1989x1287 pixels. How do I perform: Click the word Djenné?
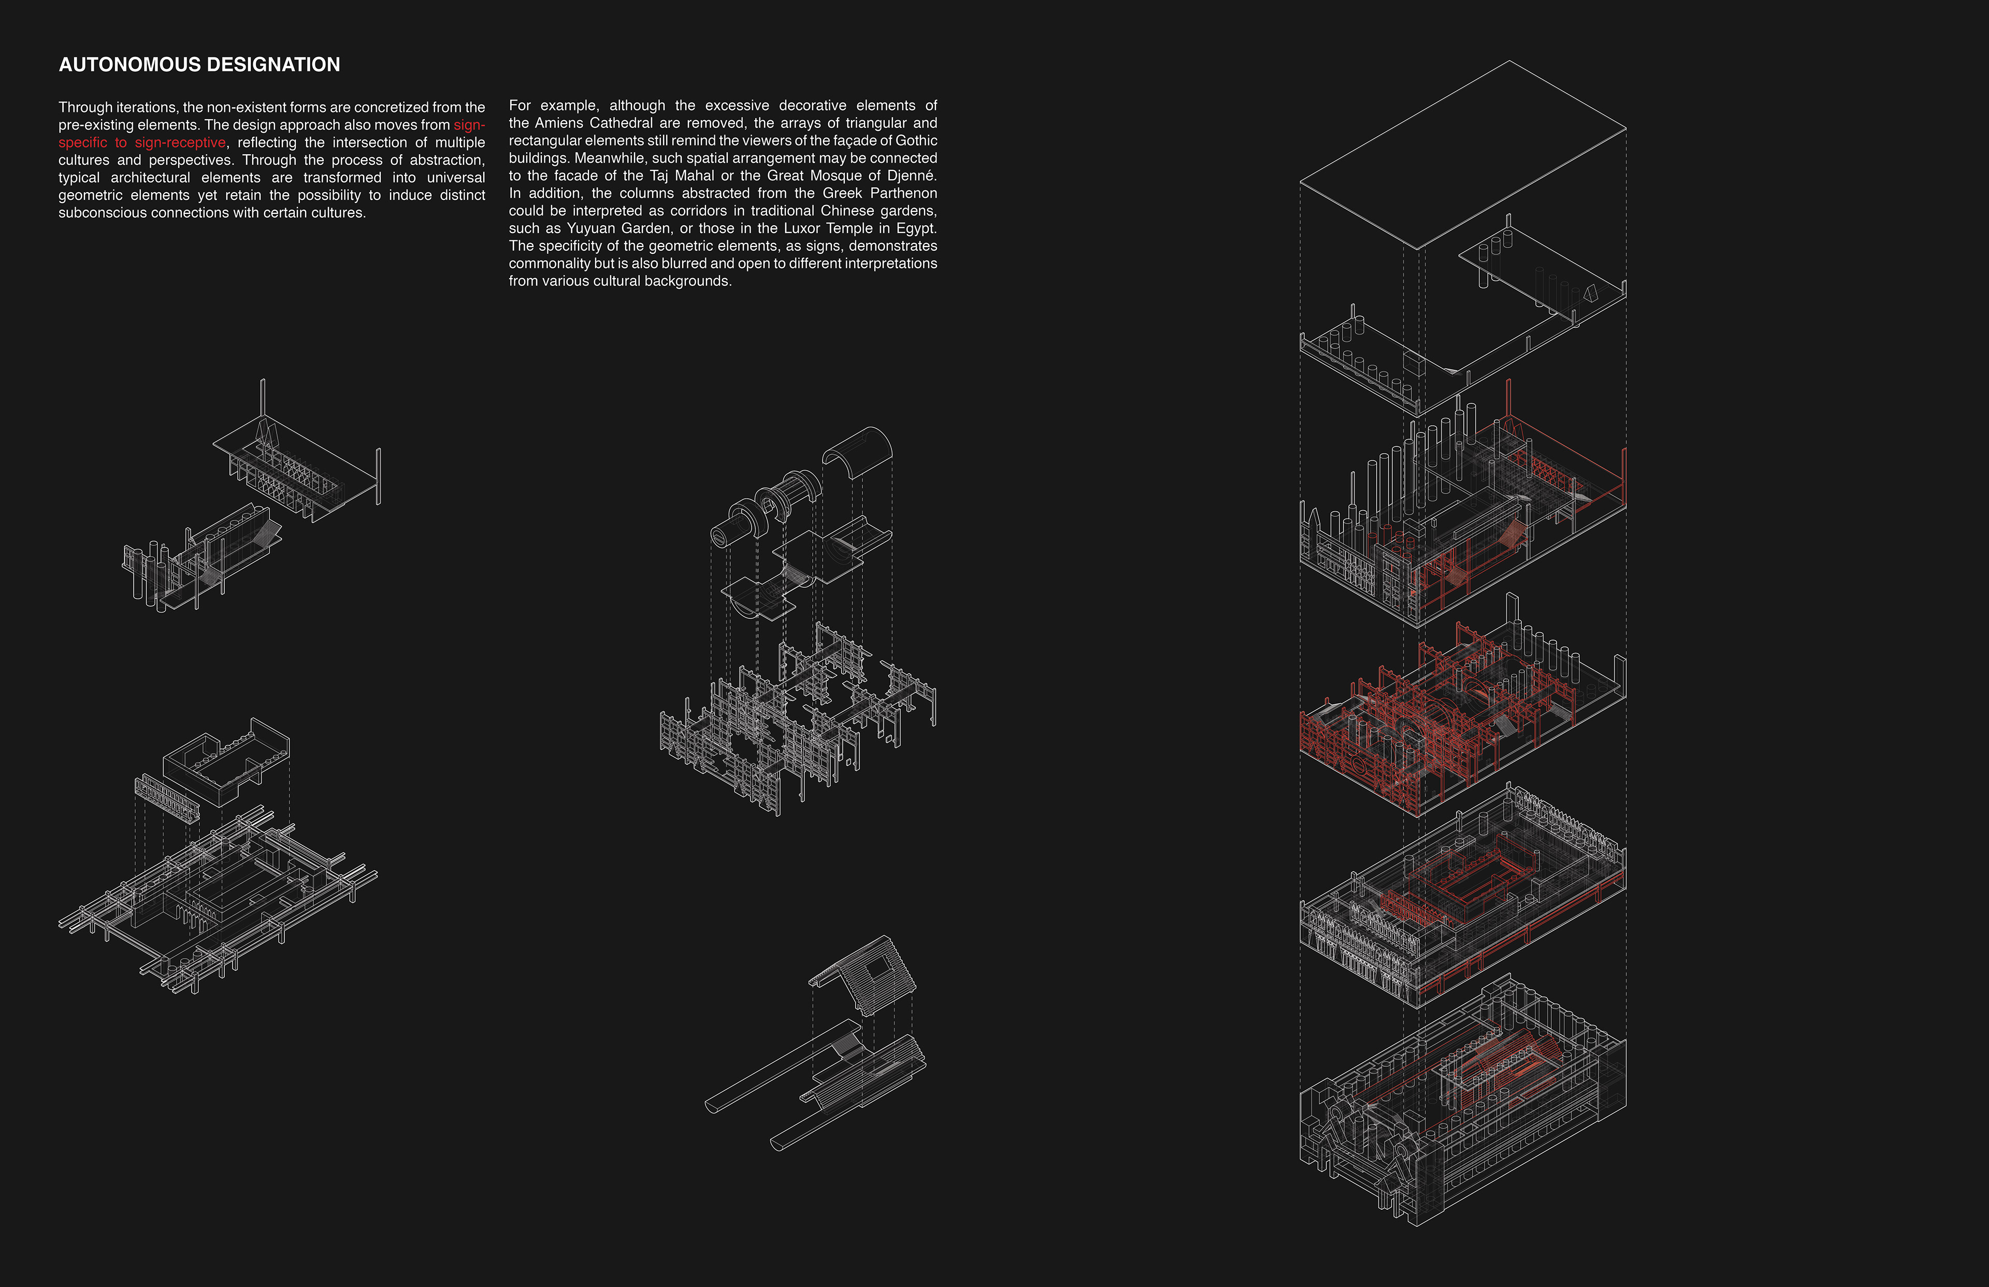point(909,176)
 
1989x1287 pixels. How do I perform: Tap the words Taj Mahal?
point(682,176)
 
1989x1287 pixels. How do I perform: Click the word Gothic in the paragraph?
point(916,140)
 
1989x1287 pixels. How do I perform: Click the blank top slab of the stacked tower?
point(1463,155)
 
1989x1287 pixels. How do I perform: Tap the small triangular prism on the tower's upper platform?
point(1590,293)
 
